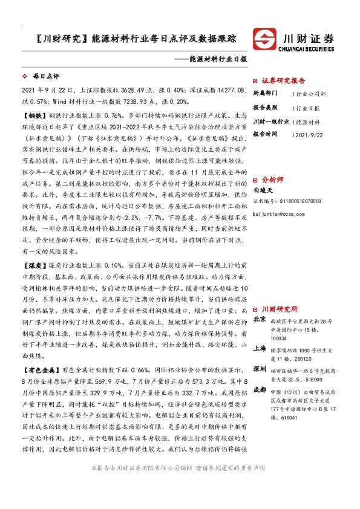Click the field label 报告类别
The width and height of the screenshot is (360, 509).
[x=264, y=108]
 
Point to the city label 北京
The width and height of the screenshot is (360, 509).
[x=259, y=319]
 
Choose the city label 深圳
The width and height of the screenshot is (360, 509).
[x=259, y=368]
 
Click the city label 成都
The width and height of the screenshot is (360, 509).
[x=259, y=390]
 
